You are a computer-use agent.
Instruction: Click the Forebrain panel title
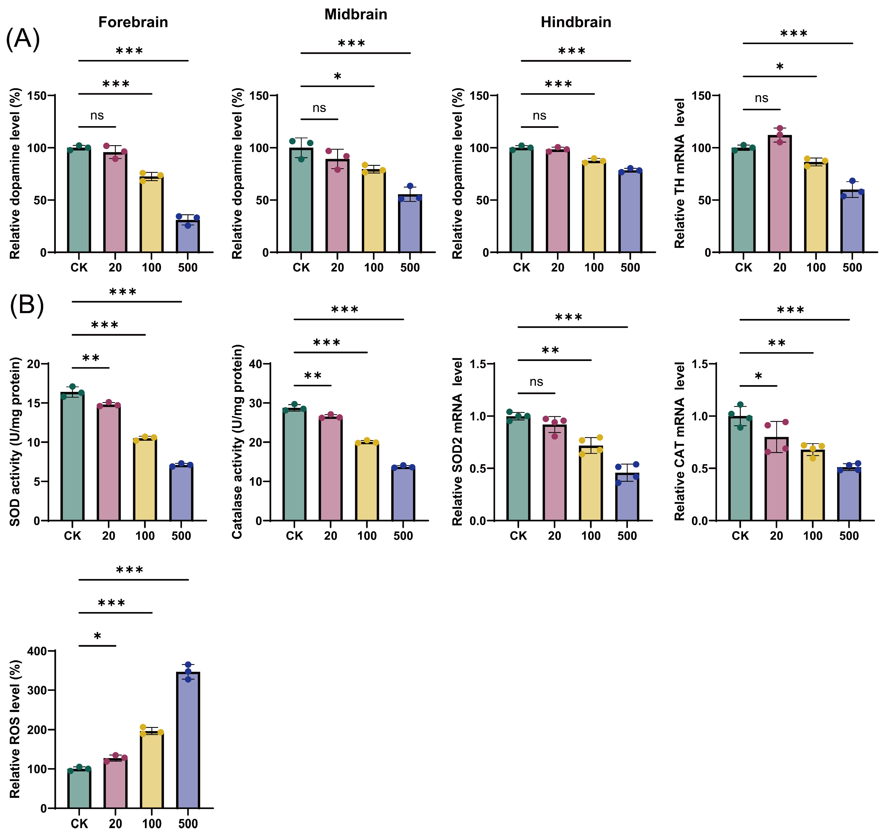pos(133,22)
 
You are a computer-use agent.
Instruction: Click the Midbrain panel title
pos(355,14)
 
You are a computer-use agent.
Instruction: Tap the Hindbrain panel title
pos(576,22)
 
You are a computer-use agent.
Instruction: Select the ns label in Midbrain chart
pos(319,108)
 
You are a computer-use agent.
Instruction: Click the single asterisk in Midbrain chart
pos(337,77)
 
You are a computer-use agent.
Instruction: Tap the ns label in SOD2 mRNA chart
pos(536,382)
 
